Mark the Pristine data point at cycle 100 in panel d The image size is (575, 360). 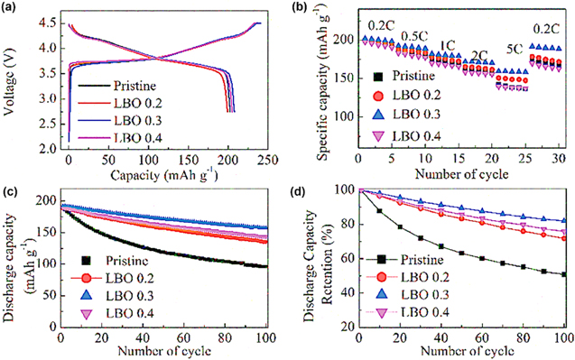coord(563,274)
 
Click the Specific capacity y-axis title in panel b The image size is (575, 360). coord(310,81)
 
